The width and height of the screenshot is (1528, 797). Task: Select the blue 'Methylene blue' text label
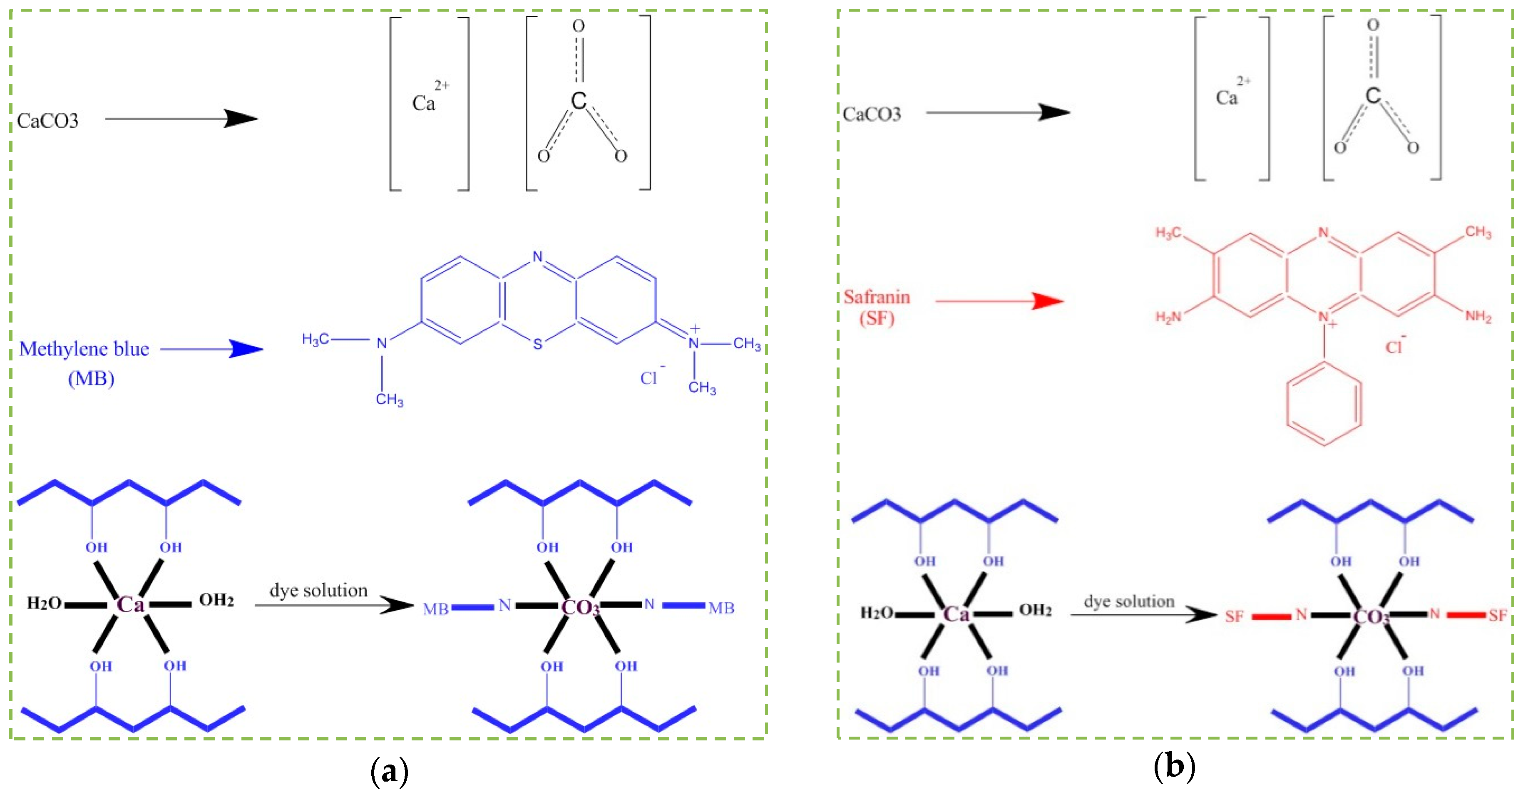pos(84,349)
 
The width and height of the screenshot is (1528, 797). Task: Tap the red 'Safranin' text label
pos(877,297)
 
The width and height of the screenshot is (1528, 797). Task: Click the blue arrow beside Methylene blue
pos(212,349)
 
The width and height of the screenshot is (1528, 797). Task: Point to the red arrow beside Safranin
pos(999,301)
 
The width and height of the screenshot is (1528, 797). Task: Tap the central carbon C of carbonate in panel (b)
pos(1373,95)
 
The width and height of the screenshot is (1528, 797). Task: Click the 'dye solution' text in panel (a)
pos(318,591)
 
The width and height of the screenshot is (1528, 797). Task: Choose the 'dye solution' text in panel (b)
pos(1129,601)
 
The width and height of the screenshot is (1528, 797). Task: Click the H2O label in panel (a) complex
pos(44,603)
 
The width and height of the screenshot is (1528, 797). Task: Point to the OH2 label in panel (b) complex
pos(1036,611)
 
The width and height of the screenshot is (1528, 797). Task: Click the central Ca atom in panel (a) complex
pos(131,605)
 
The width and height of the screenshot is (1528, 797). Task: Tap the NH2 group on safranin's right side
pos(1478,317)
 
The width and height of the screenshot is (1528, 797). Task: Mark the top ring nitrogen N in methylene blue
pos(537,257)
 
